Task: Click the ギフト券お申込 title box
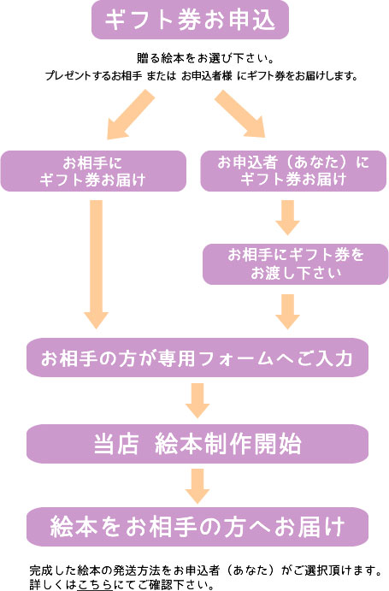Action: (x=191, y=21)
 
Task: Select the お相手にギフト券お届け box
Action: (x=93, y=170)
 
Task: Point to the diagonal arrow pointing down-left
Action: (x=129, y=115)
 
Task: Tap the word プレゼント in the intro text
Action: (x=71, y=76)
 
